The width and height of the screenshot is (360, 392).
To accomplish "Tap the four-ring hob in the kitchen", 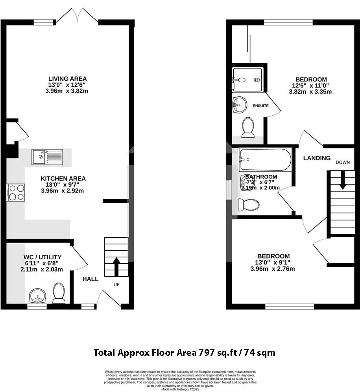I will click(x=15, y=192).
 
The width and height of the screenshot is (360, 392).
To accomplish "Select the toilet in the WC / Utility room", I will click(x=59, y=293).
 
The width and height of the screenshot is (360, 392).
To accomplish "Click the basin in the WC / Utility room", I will click(x=37, y=295).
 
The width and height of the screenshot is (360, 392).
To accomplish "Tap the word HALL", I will click(x=90, y=279).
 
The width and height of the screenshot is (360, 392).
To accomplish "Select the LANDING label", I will click(x=317, y=158).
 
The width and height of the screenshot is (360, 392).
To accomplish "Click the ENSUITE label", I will click(x=260, y=106).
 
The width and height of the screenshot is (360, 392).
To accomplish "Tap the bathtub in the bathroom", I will click(x=265, y=160).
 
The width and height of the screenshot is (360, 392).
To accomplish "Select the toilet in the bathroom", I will click(x=249, y=205).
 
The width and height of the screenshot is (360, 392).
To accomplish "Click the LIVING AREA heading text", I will click(x=67, y=79).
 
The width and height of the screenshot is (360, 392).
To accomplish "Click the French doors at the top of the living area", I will click(x=77, y=17).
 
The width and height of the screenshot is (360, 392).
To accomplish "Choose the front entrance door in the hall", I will click(x=109, y=298).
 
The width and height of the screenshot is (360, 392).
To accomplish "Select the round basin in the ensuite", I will click(x=240, y=104).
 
